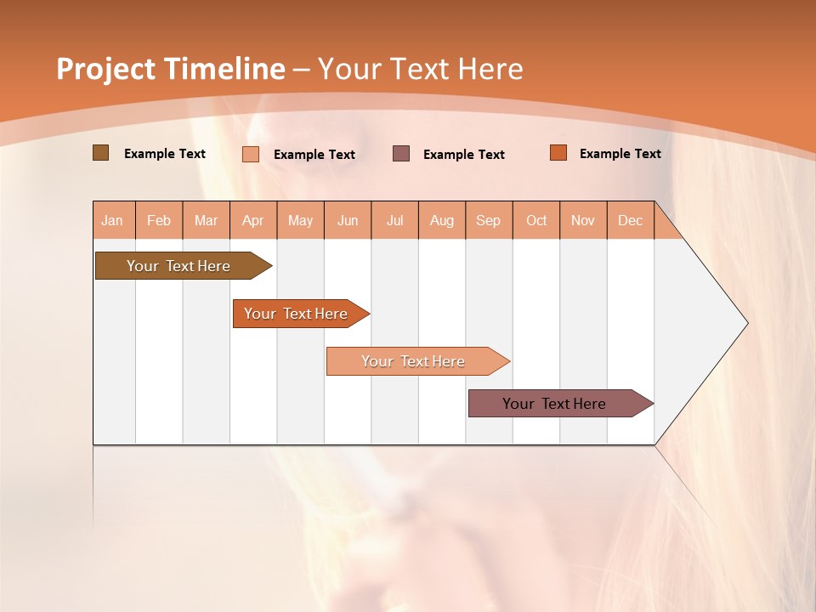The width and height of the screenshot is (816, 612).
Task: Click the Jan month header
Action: coord(112,221)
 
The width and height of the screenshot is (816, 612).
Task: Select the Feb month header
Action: coord(159,221)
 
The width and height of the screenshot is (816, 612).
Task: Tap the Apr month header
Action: coord(253,221)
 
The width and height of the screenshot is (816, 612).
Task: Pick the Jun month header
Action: coord(348,221)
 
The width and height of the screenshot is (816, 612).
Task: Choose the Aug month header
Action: coord(442,221)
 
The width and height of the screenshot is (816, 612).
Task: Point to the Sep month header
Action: coord(489,221)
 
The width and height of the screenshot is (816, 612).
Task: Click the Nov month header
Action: coord(583,221)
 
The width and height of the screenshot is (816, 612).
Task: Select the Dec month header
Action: coord(630,221)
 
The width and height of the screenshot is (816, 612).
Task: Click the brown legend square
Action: coord(100,153)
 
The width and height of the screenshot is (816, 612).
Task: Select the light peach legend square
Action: coord(251,154)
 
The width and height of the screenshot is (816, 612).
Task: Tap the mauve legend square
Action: coord(401,153)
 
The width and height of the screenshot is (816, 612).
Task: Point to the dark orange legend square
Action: coord(558,153)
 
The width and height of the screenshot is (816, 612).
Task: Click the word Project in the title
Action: coord(105,69)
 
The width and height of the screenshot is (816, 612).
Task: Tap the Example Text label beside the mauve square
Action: coord(464,155)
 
